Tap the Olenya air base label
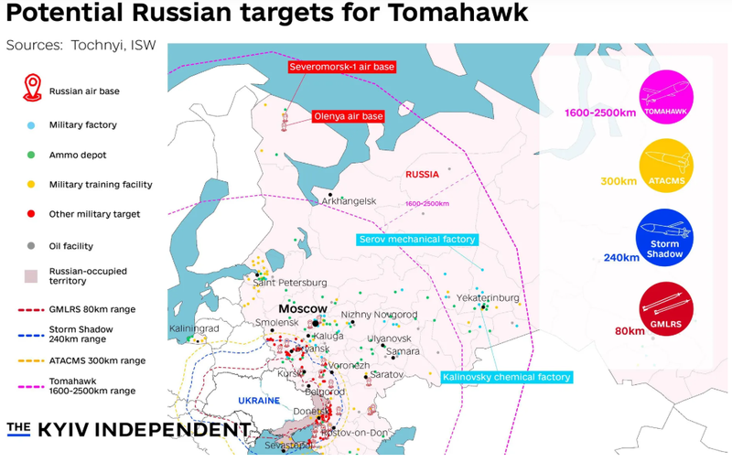[348, 116]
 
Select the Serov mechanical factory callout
[417, 239]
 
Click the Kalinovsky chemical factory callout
[506, 376]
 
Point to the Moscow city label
[302, 309]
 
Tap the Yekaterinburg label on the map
[489, 298]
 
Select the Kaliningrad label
[195, 328]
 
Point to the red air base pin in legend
[32, 89]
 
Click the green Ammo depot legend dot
[32, 154]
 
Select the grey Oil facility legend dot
[32, 246]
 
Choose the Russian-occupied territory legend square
[32, 275]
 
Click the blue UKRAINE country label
[258, 401]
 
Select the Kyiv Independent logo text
[128, 429]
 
